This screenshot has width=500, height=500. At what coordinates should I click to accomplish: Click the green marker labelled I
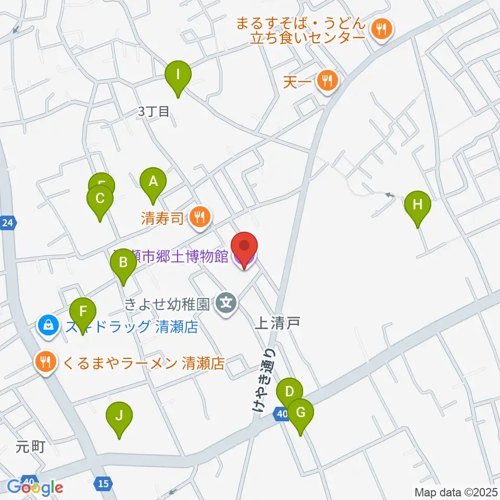(178, 74)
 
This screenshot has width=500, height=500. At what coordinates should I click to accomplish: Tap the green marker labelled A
(153, 182)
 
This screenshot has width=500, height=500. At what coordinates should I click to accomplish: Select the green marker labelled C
(100, 198)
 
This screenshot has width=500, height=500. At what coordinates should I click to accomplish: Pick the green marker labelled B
(123, 262)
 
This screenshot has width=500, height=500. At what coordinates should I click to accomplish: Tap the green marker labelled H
(418, 204)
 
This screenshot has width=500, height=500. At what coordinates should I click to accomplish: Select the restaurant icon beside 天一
(327, 81)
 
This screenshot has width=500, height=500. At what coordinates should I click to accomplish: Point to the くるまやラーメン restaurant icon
(46, 362)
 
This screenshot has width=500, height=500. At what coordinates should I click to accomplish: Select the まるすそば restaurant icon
(382, 29)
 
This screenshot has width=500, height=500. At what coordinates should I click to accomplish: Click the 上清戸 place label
(277, 323)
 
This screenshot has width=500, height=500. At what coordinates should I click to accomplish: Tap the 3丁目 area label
(154, 111)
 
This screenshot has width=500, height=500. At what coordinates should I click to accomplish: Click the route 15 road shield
(104, 484)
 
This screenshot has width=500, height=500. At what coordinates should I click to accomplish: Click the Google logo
(34, 486)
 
